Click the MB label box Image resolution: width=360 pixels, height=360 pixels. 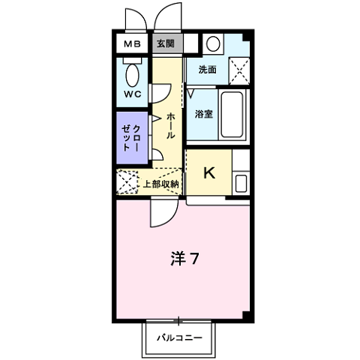click(x=132, y=43)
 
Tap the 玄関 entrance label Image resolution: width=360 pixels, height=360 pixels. click(x=166, y=43)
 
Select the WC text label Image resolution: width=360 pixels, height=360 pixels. click(x=132, y=94)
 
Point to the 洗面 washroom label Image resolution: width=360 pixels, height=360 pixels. click(x=208, y=70)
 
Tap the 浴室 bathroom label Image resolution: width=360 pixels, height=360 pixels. click(x=203, y=115)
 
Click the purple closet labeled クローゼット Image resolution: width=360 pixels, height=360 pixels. click(x=133, y=137)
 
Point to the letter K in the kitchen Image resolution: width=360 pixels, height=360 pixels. click(x=209, y=173)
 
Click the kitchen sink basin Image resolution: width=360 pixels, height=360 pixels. click(x=241, y=182)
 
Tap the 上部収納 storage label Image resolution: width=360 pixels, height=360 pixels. click(x=160, y=183)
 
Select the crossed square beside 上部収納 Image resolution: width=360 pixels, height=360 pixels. click(x=127, y=183)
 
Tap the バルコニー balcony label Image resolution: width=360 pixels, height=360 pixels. click(x=179, y=338)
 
